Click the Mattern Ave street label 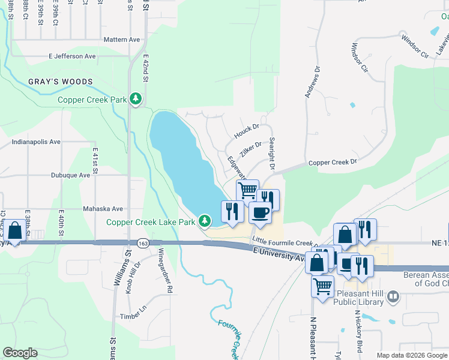121,40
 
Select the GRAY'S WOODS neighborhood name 60,82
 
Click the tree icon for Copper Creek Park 136,98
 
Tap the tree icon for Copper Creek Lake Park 205,221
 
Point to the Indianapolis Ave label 36,142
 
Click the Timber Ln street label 133,316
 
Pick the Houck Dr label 246,128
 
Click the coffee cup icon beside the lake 260,212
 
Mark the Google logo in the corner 20,353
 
